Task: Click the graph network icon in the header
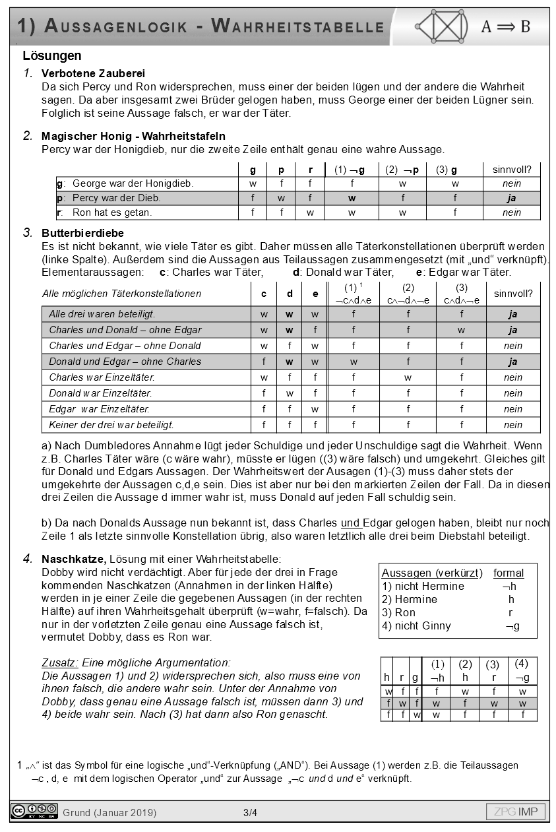point(442,26)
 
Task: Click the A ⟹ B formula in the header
point(505,26)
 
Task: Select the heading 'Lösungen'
point(51,56)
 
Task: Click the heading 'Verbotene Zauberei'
point(93,73)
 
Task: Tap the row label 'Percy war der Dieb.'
point(116,198)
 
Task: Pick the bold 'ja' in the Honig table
point(511,198)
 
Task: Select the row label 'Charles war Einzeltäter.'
point(102,377)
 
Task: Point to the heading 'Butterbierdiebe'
point(82,233)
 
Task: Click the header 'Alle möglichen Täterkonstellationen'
point(121,294)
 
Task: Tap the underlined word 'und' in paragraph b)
point(350,523)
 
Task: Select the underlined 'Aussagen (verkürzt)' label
point(432,573)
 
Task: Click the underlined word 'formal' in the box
point(509,573)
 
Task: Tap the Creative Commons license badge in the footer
point(34,811)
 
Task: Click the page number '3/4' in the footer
point(250,812)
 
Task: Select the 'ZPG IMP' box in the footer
point(516,812)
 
